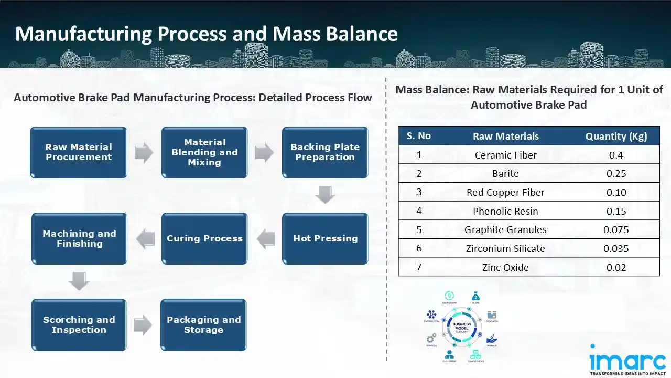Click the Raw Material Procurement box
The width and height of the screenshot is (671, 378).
tap(79, 152)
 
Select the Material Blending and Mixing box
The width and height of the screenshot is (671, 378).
tap(204, 152)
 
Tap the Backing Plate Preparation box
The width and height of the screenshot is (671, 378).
tap(325, 152)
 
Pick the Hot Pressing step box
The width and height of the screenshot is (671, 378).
tap(325, 238)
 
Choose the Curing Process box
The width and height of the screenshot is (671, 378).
tap(204, 238)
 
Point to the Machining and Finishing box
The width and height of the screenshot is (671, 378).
tap(79, 238)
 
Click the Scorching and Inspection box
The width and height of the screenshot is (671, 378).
tap(79, 324)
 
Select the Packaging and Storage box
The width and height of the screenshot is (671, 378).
tap(203, 324)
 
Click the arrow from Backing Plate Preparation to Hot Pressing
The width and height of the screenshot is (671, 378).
tap(325, 195)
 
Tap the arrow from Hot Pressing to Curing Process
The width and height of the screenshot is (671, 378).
tap(265, 238)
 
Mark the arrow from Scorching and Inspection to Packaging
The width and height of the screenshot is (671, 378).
tap(143, 325)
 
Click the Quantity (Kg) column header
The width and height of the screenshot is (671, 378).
tap(616, 136)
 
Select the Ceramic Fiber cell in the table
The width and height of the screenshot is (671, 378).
tap(505, 155)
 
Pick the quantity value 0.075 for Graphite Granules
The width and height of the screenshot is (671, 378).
tap(616, 229)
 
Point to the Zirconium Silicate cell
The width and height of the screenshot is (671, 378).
tap(505, 248)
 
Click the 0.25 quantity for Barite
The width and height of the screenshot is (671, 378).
tap(616, 173)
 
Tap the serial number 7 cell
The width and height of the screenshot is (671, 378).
tap(419, 267)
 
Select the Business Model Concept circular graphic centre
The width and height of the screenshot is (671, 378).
tap(461, 327)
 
